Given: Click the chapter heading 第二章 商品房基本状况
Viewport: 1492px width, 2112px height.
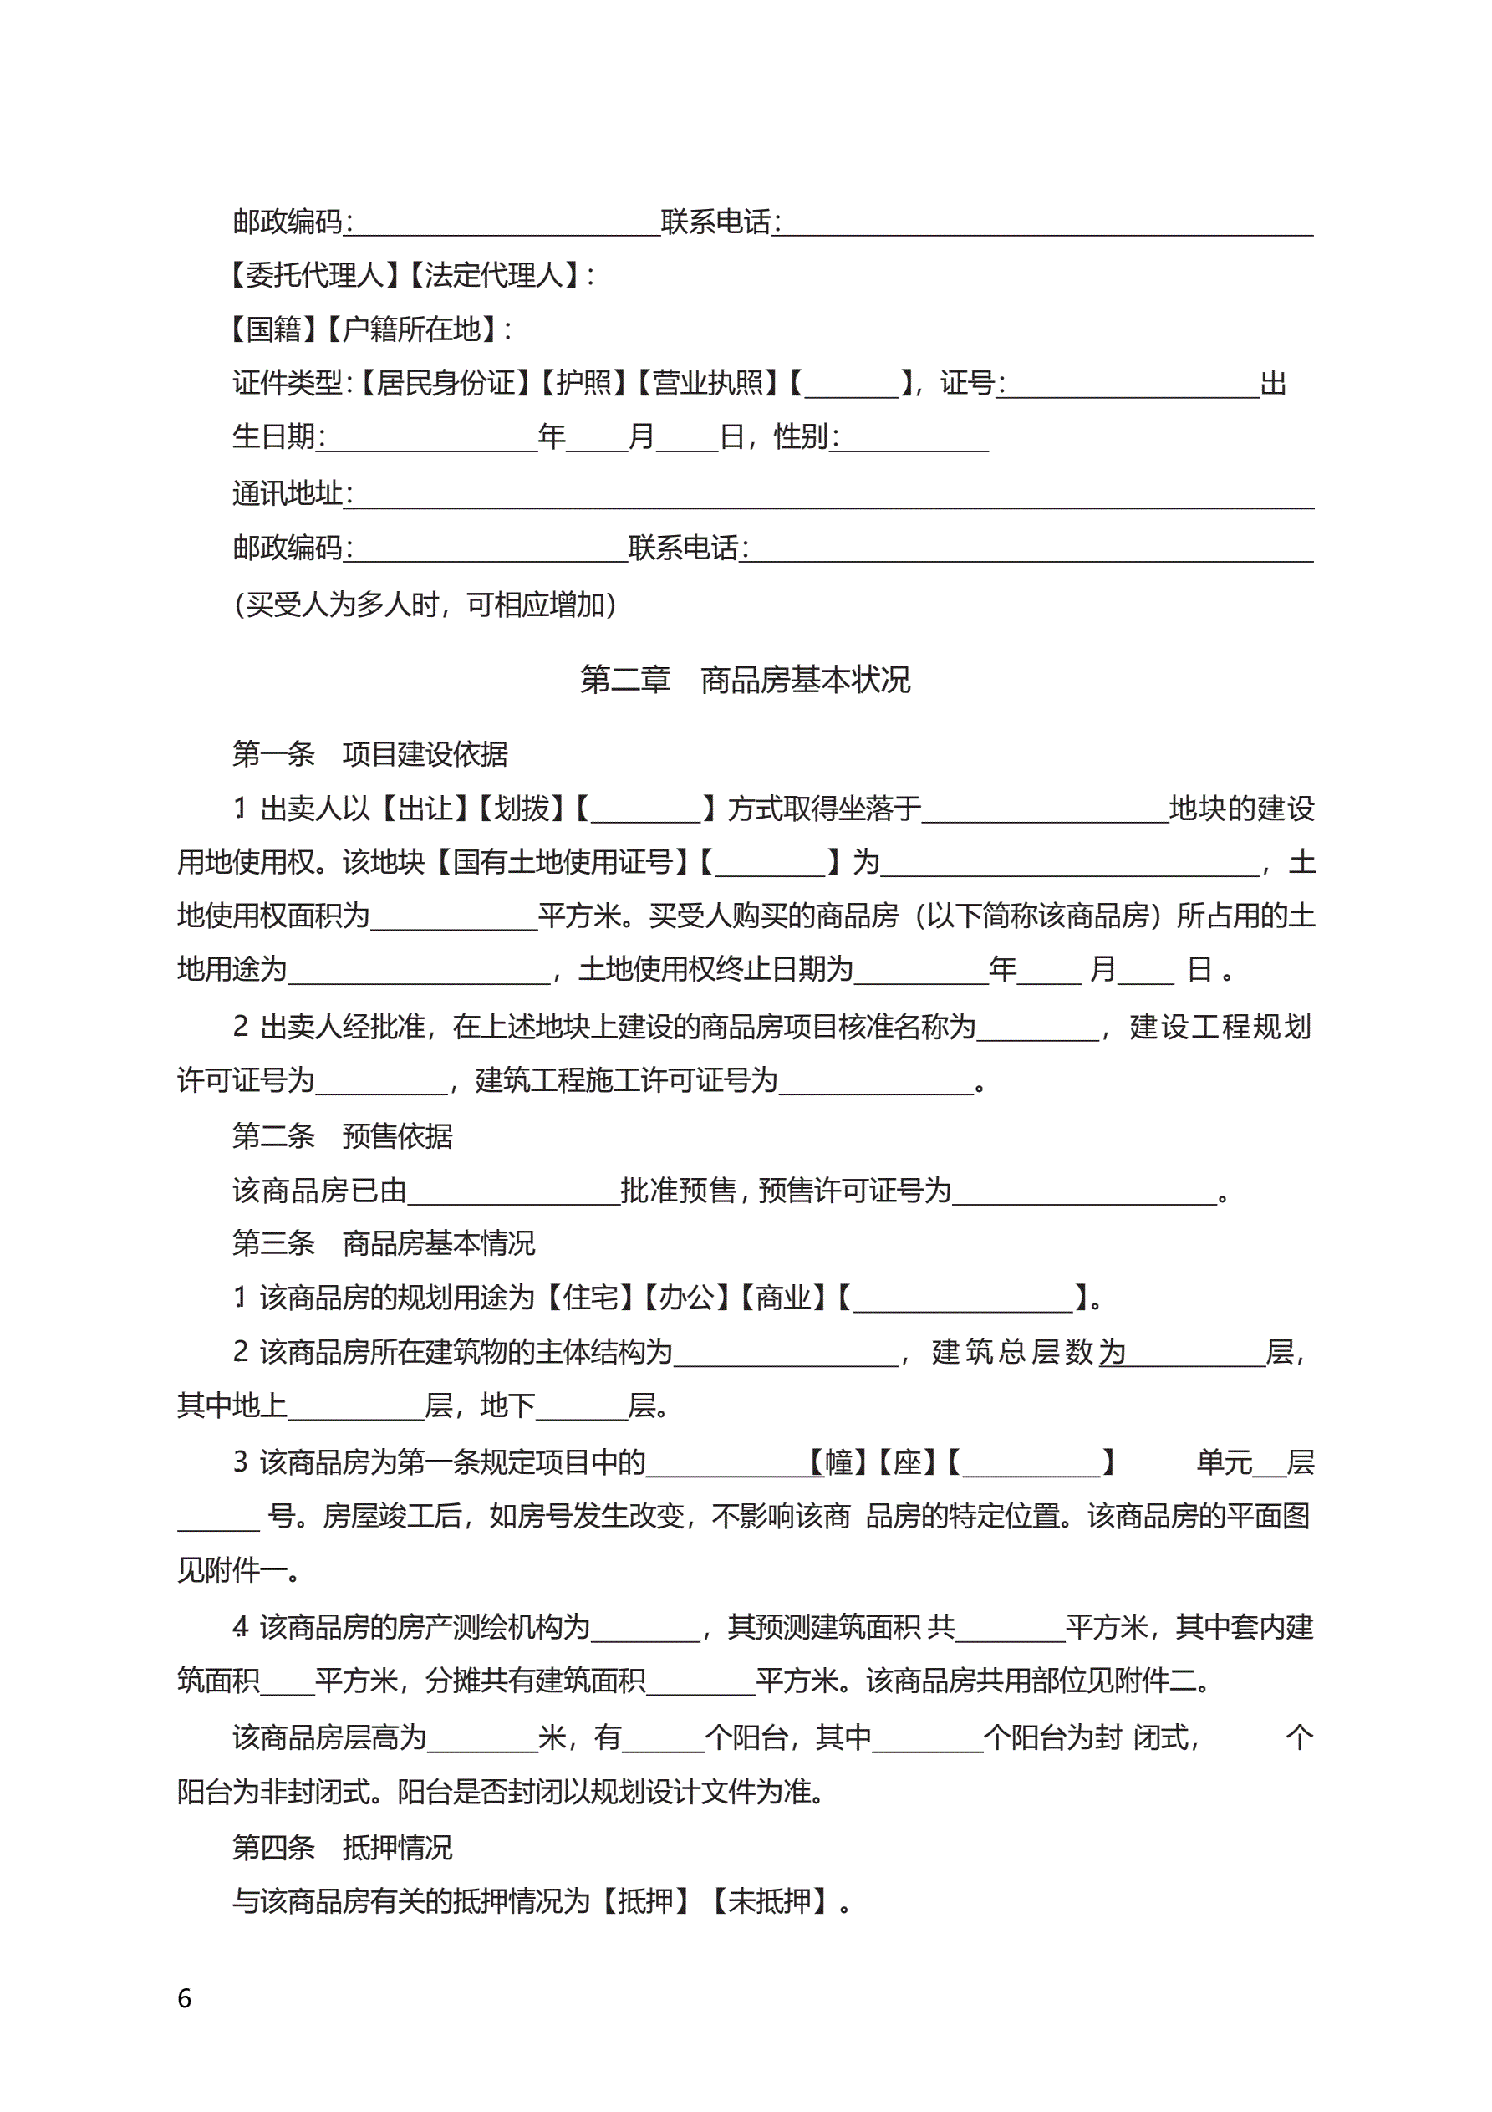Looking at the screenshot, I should point(745,680).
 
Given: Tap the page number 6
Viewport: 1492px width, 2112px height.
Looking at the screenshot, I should point(184,1999).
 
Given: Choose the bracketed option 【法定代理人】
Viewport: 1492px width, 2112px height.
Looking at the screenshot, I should point(494,275).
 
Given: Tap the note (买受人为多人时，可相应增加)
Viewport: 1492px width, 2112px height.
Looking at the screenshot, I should point(425,605).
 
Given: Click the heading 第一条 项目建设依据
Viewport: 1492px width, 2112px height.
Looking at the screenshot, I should point(369,754).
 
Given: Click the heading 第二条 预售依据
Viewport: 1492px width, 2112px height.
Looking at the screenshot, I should point(342,1137).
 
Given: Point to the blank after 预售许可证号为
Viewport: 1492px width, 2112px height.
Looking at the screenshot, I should point(1083,1192).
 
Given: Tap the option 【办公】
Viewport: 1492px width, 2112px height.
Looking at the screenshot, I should point(687,1298).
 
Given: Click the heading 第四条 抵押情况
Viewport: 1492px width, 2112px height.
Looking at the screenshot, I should point(342,1848).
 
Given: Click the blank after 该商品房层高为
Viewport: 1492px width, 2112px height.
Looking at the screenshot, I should point(482,1738).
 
